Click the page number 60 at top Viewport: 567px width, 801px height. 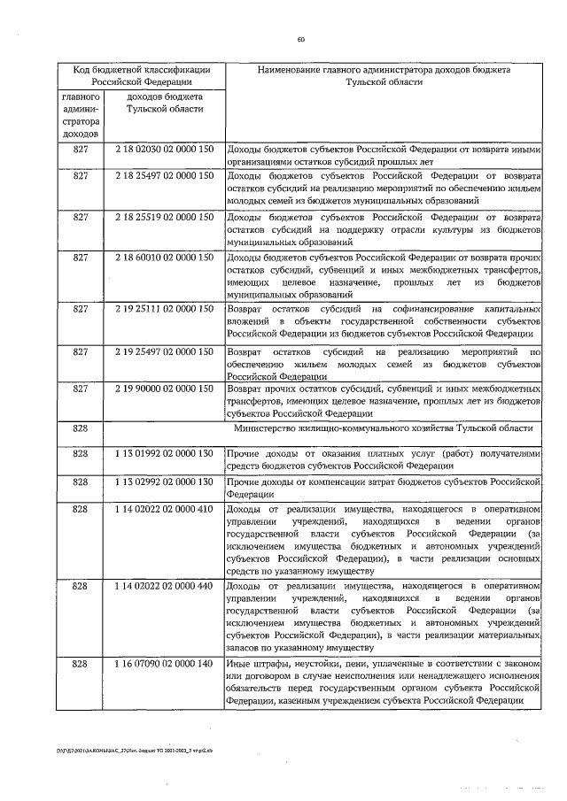[x=300, y=39]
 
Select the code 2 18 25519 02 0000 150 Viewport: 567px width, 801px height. [x=165, y=217]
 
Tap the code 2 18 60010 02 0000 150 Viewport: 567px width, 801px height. [x=165, y=258]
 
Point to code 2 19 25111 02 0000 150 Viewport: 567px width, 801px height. [x=165, y=309]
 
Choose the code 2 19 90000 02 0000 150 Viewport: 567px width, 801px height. [x=165, y=389]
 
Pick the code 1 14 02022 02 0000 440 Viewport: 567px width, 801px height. [x=165, y=586]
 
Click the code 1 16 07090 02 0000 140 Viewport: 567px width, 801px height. [x=165, y=663]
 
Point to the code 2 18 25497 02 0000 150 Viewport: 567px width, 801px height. [x=165, y=176]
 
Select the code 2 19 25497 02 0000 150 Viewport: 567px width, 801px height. [x=165, y=351]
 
